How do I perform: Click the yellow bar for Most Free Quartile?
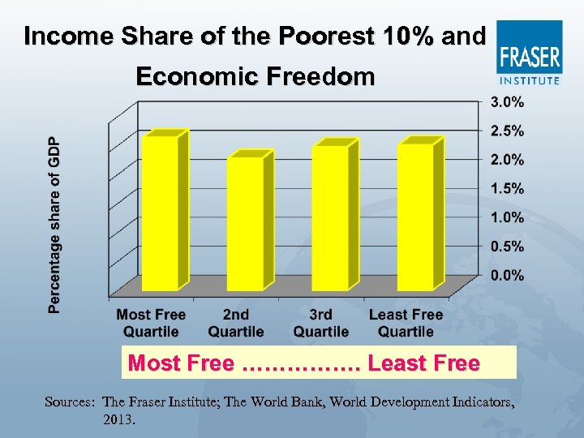click(x=160, y=211)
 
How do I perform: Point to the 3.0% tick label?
click(x=507, y=102)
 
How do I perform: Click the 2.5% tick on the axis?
click(x=507, y=131)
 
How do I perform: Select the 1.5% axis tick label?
click(x=507, y=188)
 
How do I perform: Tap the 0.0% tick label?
click(x=507, y=275)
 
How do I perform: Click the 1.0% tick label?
click(x=507, y=217)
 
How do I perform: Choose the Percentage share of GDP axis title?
click(x=54, y=223)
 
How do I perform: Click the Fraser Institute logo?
click(x=529, y=53)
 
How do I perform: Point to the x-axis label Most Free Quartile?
click(x=151, y=323)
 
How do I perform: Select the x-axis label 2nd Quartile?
click(x=236, y=323)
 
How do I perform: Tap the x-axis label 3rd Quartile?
click(x=320, y=323)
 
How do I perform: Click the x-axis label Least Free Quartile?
click(x=406, y=323)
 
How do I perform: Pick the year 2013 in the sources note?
click(x=119, y=420)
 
